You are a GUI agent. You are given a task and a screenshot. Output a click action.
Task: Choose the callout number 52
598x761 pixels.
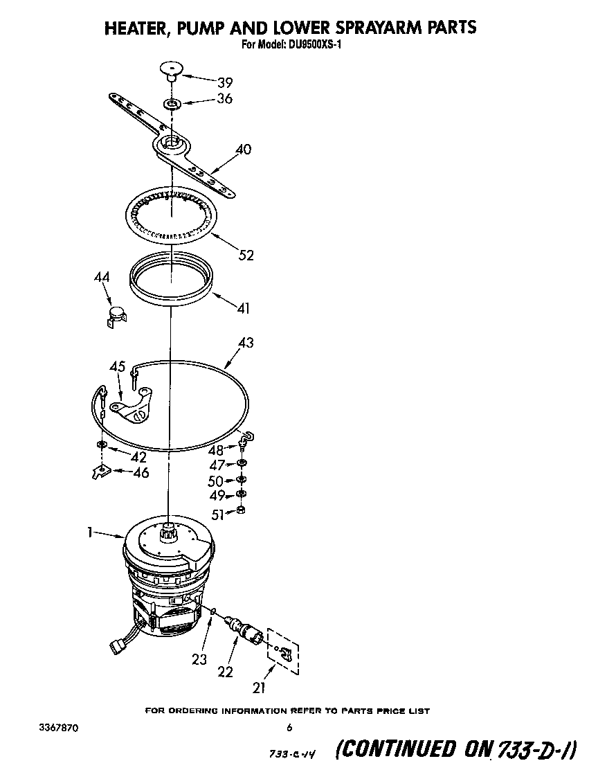click(245, 256)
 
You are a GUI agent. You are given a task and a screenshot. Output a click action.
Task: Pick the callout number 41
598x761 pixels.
click(243, 309)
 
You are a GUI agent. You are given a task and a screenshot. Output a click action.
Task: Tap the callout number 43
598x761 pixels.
click(245, 342)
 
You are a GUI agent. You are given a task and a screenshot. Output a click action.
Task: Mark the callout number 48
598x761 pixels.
click(216, 449)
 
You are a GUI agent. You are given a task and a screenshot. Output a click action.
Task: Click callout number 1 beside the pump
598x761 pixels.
click(91, 532)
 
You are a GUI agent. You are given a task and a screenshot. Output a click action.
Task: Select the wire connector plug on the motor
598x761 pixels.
click(117, 646)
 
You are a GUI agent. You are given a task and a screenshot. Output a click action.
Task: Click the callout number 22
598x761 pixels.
click(225, 670)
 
